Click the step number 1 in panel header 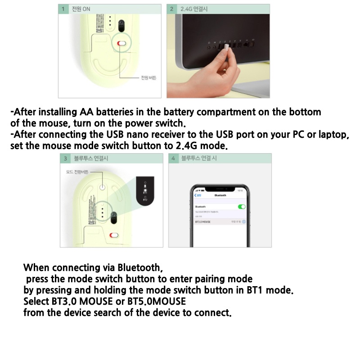pos(64,9)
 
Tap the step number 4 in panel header pos(173,158)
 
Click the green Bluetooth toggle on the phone pos(242,207)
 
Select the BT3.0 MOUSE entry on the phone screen pos(203,222)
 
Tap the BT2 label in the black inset pos(145,199)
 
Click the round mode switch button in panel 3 pos(103,185)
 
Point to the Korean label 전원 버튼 pos(148,78)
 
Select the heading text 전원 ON pos(81,9)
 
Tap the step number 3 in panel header pos(65,158)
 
